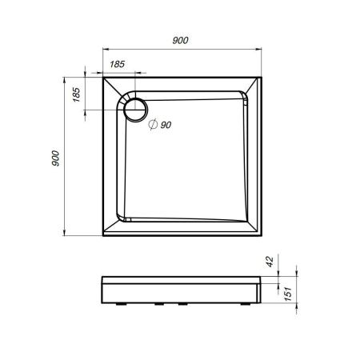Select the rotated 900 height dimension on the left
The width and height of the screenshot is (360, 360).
[x=55, y=158]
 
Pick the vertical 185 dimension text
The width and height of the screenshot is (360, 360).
[x=75, y=93]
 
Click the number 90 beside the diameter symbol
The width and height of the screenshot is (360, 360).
[x=166, y=125]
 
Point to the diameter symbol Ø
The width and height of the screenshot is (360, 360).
[x=153, y=125]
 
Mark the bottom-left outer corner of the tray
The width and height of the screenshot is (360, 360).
[x=102, y=238]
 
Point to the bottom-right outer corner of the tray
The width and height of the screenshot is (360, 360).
[x=262, y=238]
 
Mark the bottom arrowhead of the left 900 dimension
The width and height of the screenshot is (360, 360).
[x=65, y=235]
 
